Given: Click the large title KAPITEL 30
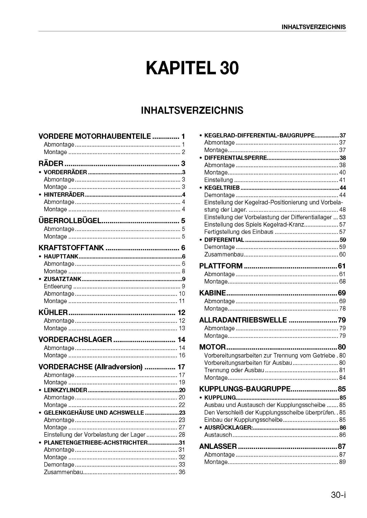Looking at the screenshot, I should [x=192, y=68].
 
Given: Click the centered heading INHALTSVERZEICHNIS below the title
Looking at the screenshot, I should [x=192, y=110].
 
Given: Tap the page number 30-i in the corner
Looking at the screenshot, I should [x=338, y=495].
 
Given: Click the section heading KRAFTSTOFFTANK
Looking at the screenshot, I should [x=71, y=248].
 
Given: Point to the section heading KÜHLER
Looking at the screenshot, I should [x=53, y=312].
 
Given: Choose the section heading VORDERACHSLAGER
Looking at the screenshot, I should [x=75, y=339].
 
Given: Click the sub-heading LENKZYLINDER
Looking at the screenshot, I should [x=65, y=390].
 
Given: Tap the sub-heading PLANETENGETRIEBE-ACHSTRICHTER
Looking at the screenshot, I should [x=96, y=443].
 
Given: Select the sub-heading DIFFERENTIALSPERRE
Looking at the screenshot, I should [x=235, y=158].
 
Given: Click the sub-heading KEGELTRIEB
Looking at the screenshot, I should [x=222, y=188].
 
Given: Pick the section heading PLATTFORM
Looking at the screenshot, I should [x=221, y=266].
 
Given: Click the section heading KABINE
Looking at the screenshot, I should [x=212, y=293].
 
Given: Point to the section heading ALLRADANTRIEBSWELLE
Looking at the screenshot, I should [x=243, y=320].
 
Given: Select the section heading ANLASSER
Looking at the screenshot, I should [x=218, y=446].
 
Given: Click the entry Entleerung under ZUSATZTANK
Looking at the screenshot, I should [x=58, y=286].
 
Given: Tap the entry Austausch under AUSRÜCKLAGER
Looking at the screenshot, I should [x=218, y=435].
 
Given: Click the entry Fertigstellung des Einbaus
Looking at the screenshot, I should [x=239, y=232].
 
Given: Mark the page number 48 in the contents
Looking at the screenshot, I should [x=342, y=210].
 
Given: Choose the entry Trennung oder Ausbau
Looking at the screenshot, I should [x=234, y=370].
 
